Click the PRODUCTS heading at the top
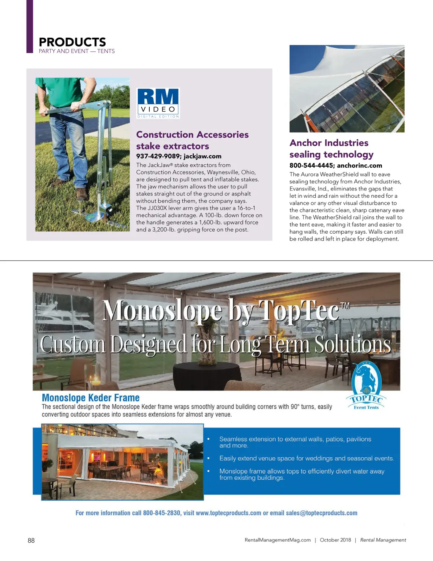(72, 42)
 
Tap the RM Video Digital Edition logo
(159, 103)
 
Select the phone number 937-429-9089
(158, 156)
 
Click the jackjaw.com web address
(203, 156)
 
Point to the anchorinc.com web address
(359, 166)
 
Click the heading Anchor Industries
(329, 143)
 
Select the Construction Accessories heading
(192, 135)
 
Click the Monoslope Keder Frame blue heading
(90, 398)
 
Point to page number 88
(31, 540)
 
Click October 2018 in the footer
(335, 540)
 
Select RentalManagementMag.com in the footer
(277, 540)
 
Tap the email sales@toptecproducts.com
(321, 513)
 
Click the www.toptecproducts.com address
(228, 513)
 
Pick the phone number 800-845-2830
(162, 513)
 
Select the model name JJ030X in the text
(159, 208)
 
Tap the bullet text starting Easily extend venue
(307, 458)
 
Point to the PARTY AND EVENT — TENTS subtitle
(77, 51)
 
